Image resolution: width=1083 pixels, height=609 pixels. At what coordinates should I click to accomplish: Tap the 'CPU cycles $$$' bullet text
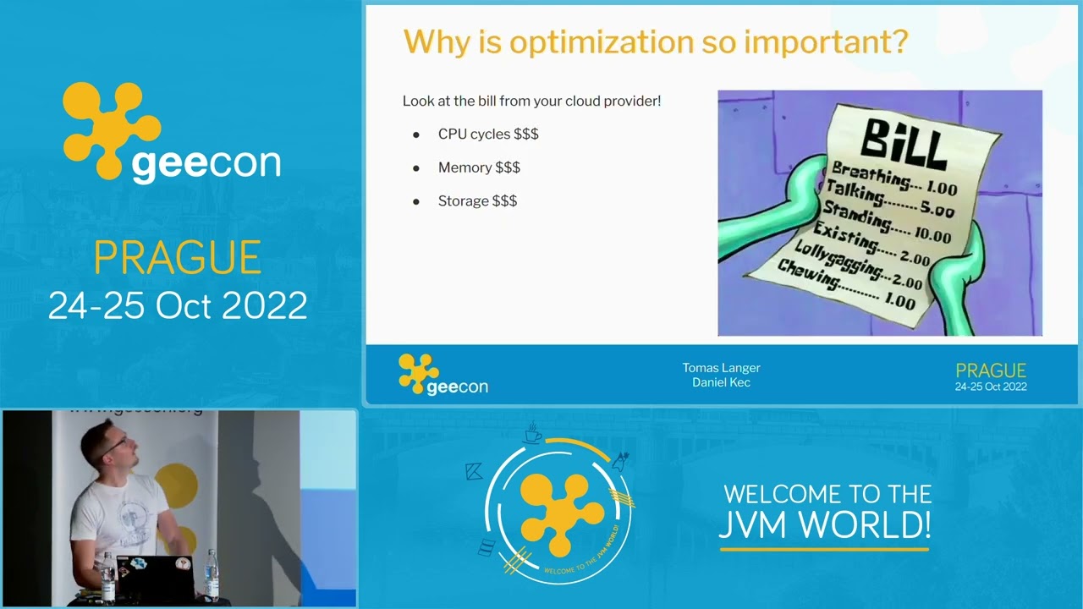click(488, 134)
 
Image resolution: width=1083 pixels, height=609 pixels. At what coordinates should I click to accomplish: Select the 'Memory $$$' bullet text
click(479, 167)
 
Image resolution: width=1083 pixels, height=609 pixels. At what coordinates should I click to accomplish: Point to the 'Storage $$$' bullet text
click(477, 201)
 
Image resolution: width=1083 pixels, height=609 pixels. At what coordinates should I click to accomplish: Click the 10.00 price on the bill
click(933, 235)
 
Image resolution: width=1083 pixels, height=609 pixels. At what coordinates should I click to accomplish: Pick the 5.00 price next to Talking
click(937, 210)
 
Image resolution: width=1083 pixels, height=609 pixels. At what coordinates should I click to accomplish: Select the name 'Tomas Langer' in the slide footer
click(721, 368)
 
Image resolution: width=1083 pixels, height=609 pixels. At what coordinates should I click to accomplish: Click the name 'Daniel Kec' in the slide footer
click(721, 382)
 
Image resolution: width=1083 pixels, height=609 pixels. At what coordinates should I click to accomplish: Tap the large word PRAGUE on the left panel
click(177, 258)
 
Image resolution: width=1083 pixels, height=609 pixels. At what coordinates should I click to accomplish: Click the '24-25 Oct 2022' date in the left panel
click(178, 305)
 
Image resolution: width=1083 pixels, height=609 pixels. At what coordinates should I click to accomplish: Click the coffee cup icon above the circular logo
click(532, 434)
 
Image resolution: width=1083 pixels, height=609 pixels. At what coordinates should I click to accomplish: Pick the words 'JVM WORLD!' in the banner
click(825, 524)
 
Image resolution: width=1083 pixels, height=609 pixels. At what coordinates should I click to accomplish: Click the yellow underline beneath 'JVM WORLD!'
click(824, 550)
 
